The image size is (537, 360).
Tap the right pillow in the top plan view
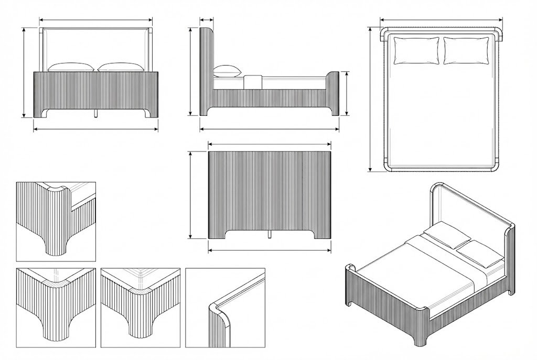point(466,51)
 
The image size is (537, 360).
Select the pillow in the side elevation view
point(227,71)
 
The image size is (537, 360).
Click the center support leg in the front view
point(96,114)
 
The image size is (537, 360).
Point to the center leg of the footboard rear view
point(270,234)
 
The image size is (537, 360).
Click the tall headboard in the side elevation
point(207,71)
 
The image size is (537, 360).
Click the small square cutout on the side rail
point(253,82)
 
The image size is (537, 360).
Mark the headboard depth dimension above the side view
point(207,20)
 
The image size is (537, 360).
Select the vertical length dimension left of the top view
point(371,100)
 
